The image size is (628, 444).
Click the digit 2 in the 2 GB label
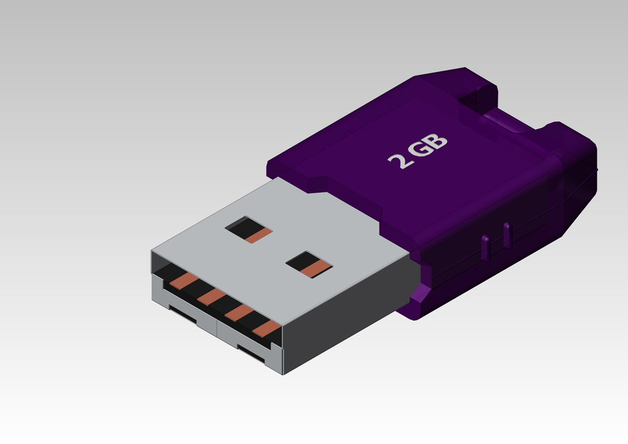coord(398,161)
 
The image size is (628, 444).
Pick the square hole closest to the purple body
coord(309,264)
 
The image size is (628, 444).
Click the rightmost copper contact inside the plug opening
coord(266,328)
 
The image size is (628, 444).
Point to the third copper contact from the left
coord(239,312)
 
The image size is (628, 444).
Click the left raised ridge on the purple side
coord(486,248)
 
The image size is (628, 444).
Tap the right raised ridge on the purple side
coord(507,236)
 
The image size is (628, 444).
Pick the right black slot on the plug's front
coord(251,353)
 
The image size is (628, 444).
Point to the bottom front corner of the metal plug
coord(283,373)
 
